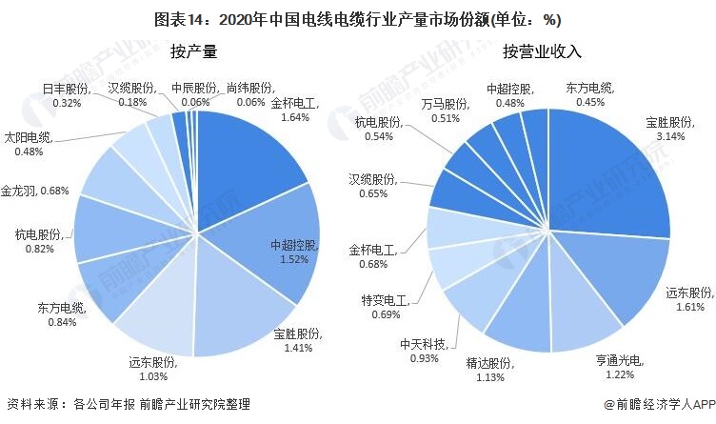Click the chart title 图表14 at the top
point(357,16)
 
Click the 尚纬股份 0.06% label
point(251,95)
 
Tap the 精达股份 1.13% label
point(490,370)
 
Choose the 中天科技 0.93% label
point(424,351)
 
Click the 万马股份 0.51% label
point(446,111)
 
